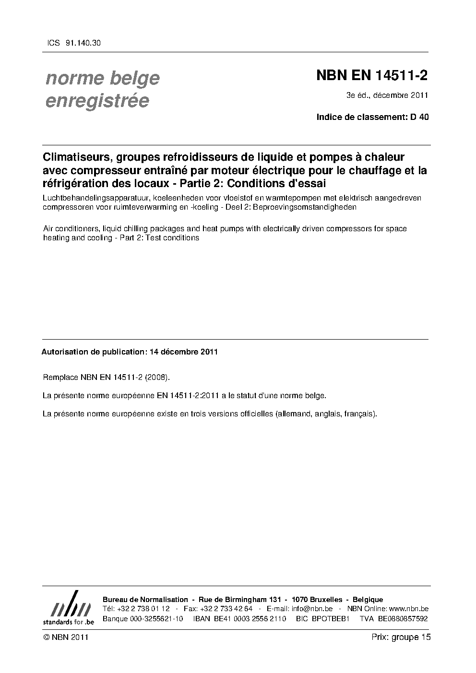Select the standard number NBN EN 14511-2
(x=372, y=76)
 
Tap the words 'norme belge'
(x=103, y=78)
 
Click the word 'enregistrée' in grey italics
(x=97, y=101)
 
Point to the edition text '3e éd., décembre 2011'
(x=387, y=95)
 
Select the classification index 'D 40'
(x=419, y=117)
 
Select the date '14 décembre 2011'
(x=184, y=352)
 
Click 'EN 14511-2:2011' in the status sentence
(x=188, y=396)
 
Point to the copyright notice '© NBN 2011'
(x=65, y=638)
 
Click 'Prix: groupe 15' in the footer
(x=401, y=638)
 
